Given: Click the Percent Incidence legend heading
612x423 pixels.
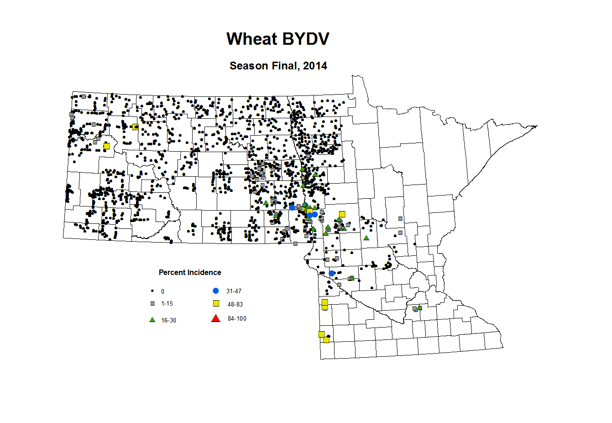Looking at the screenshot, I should click(190, 273).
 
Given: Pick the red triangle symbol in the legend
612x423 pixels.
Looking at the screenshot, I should click(216, 318).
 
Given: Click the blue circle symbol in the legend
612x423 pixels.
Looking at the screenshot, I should click(216, 291).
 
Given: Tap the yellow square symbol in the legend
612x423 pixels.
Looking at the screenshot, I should click(216, 304).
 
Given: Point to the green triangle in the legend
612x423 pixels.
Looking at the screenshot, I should click(152, 320).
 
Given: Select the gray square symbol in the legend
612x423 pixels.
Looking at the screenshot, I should click(152, 303).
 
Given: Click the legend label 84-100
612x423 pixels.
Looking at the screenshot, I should click(237, 319).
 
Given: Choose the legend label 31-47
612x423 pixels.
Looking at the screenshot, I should click(234, 291).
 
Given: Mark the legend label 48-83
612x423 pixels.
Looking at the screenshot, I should click(235, 304).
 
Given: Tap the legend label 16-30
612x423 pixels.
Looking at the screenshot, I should click(168, 321).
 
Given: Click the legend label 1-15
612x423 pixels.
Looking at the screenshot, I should click(167, 304).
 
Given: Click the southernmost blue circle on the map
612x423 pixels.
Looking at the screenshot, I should click(332, 273).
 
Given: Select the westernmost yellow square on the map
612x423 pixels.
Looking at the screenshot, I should click(106, 146).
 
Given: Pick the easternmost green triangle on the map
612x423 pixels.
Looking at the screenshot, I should click(419, 307).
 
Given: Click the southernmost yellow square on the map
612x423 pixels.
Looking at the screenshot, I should click(326, 340).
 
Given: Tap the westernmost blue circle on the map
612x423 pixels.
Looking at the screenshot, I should click(292, 207).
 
